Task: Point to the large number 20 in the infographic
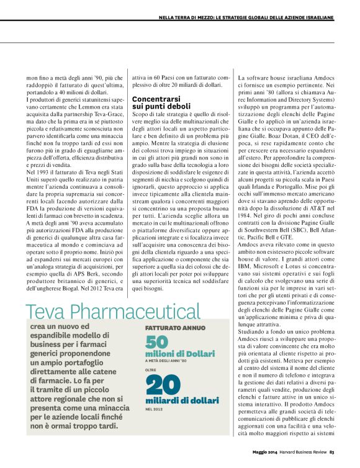[x=163, y=386]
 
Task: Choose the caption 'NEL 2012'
[x=155, y=409]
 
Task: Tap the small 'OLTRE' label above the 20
[x=151, y=370]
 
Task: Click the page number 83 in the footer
[x=332, y=451]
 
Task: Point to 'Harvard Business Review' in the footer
[x=302, y=451]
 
